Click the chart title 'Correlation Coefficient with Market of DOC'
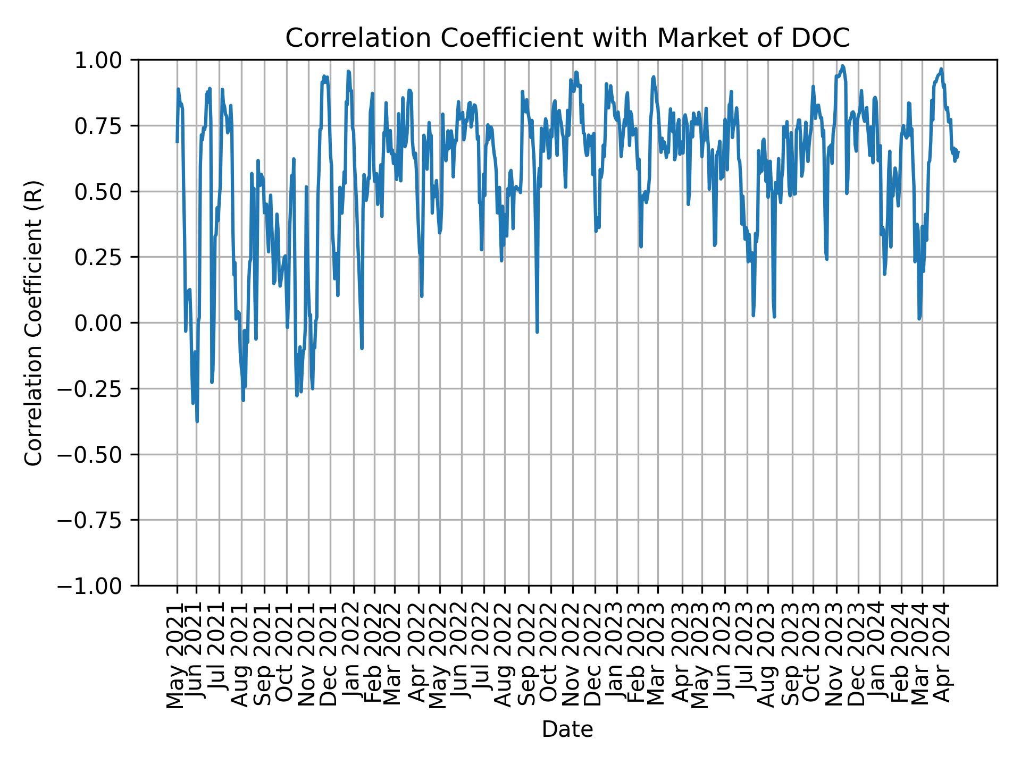tap(567, 38)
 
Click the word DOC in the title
tap(826, 38)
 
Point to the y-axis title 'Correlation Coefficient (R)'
tap(34, 322)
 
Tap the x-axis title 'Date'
tap(567, 730)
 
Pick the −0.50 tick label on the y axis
tap(97, 454)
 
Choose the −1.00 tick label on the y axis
tap(97, 585)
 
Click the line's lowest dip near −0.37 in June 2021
tap(197, 421)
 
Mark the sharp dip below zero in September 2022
tap(537, 332)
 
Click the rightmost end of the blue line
tap(958, 152)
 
